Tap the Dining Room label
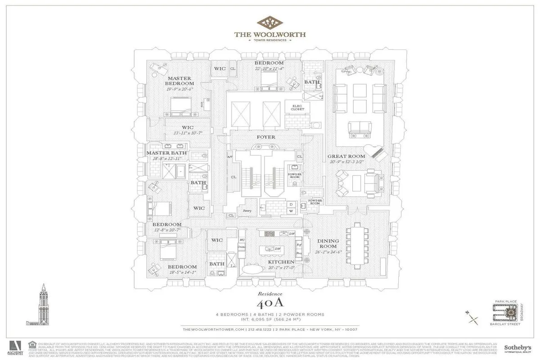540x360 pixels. (x=328, y=244)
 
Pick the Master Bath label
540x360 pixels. (x=166, y=153)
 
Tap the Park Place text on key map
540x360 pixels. (x=502, y=301)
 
